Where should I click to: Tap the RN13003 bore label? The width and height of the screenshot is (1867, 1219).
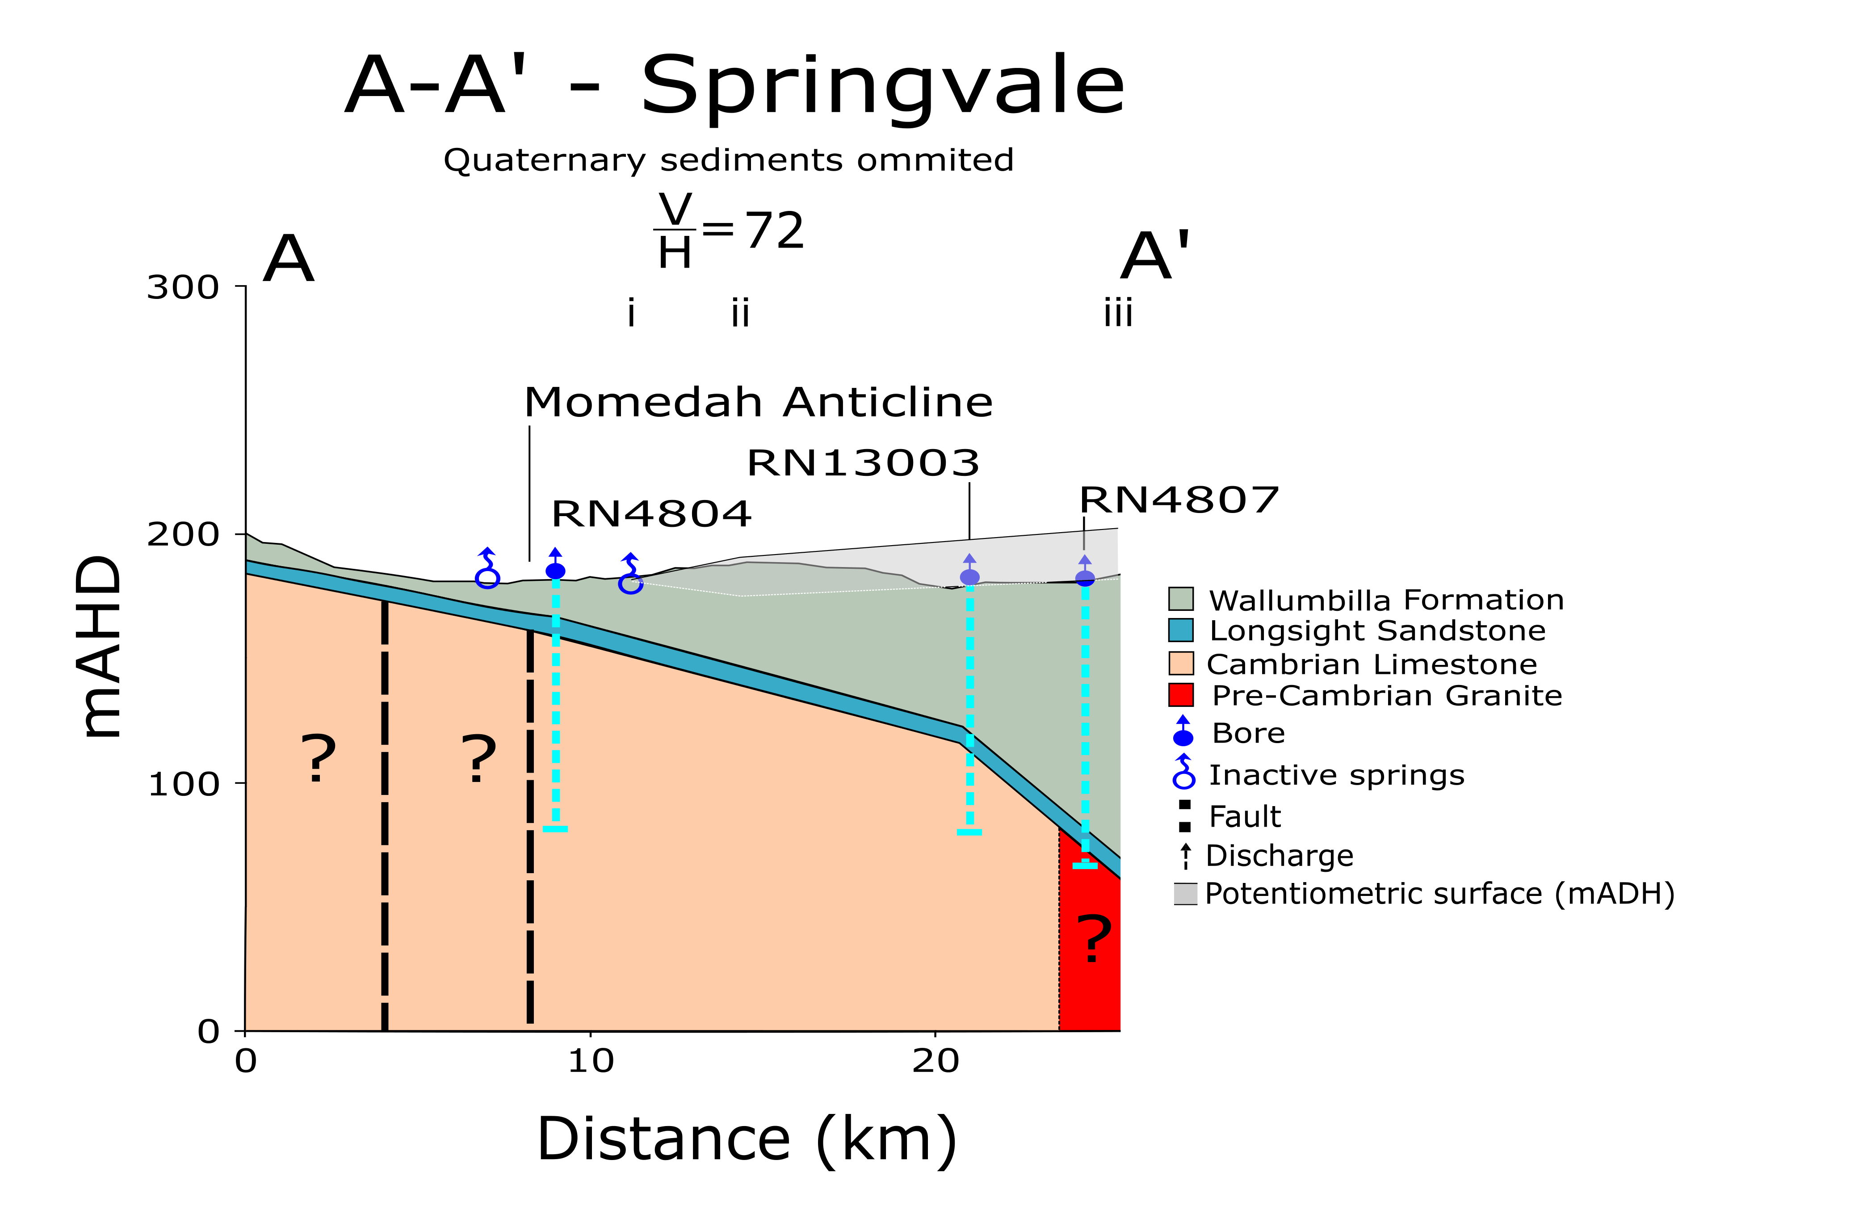pos(863,463)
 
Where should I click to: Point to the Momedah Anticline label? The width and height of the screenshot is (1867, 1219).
pos(758,403)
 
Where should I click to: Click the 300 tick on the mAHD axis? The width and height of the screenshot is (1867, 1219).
pos(183,287)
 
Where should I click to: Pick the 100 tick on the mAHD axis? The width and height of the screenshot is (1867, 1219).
pos(183,784)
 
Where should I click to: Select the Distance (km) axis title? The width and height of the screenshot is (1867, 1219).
pos(747,1139)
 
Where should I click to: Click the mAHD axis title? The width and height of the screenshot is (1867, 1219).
pos(101,647)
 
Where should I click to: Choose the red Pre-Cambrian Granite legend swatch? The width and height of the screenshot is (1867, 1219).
pos(1181,695)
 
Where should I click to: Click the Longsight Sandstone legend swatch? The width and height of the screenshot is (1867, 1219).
pos(1181,630)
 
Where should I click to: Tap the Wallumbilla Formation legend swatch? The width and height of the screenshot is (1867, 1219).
pos(1181,598)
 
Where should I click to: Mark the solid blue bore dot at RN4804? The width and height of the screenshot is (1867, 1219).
pos(555,571)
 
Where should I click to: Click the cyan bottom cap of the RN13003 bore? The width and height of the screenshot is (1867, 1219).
pos(969,832)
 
